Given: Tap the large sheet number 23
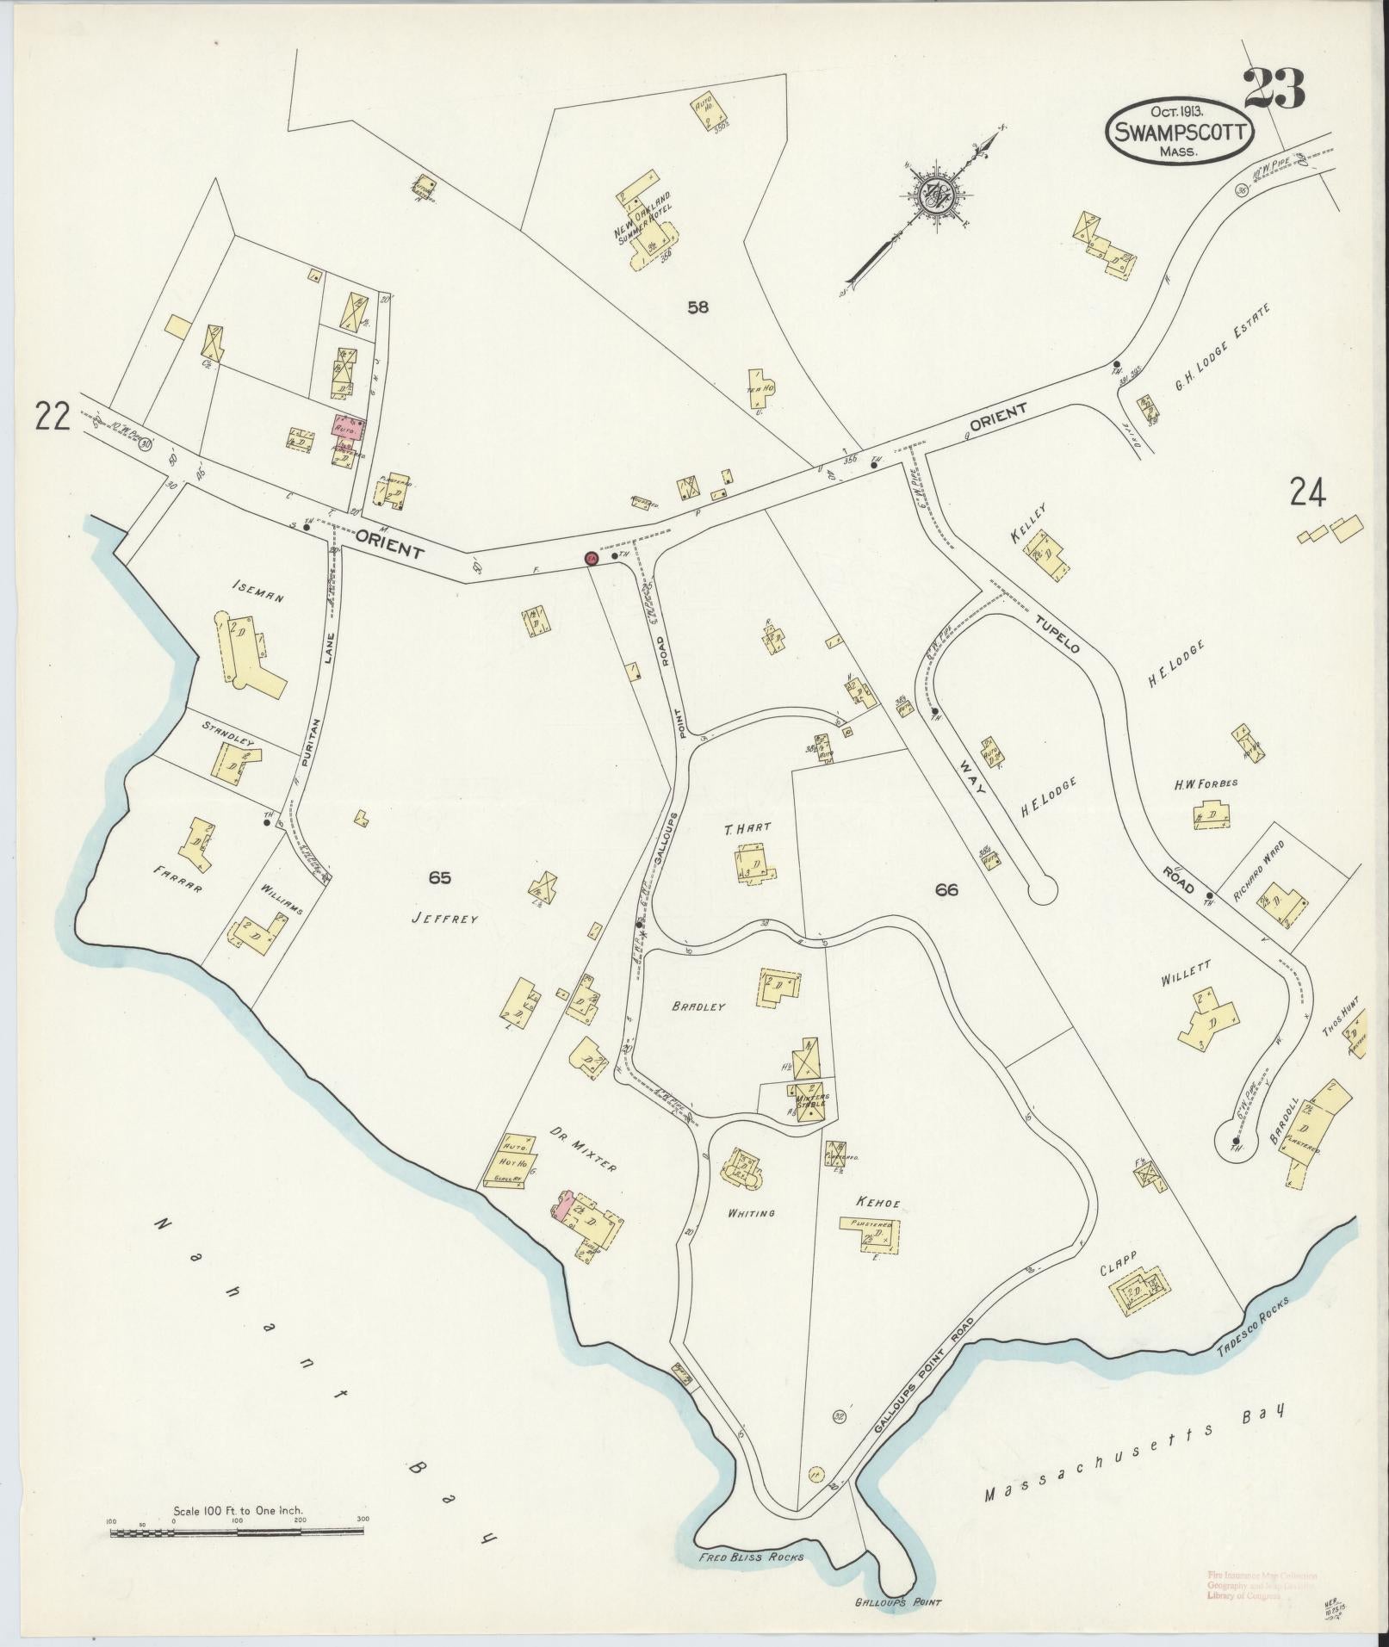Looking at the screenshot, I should coord(1273,89).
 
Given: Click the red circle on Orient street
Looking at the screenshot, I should coord(592,558).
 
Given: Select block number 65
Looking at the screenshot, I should coord(439,877).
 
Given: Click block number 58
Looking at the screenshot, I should coord(698,306).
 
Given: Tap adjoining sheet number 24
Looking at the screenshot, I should coord(1306,492).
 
